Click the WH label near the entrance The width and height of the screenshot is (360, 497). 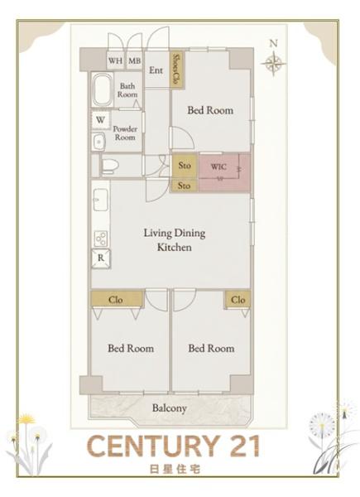(x=115, y=60)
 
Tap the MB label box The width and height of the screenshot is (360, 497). (x=134, y=60)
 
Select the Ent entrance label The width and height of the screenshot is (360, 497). (x=156, y=70)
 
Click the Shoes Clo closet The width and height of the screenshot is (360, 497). (x=177, y=69)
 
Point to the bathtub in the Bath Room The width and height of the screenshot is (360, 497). (x=103, y=89)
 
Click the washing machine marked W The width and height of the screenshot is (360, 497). (x=100, y=120)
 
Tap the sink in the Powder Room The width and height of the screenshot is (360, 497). (x=98, y=142)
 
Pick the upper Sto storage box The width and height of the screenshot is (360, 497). (x=185, y=166)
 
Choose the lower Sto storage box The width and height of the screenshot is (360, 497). (x=185, y=186)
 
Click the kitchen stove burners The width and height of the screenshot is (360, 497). (x=101, y=239)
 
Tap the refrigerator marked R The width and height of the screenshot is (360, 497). (x=101, y=258)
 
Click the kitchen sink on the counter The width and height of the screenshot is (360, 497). (x=101, y=200)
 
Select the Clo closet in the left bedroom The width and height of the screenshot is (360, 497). (x=117, y=300)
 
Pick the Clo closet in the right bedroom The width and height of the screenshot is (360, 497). (x=238, y=300)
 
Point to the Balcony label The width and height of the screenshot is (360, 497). (x=170, y=408)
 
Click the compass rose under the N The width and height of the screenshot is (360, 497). (x=274, y=63)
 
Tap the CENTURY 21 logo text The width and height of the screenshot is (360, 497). (x=174, y=446)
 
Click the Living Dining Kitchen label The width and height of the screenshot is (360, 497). (x=175, y=240)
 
